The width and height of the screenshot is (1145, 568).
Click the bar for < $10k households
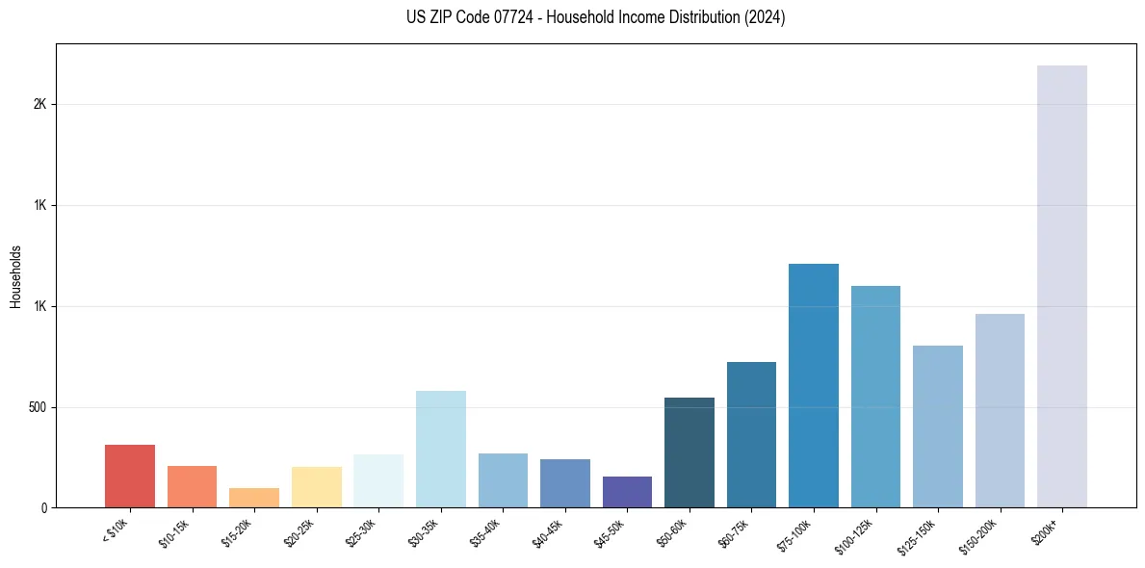pyautogui.click(x=130, y=477)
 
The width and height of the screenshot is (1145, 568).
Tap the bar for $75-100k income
pyautogui.click(x=814, y=385)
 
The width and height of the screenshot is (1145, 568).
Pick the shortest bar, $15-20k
pyautogui.click(x=254, y=498)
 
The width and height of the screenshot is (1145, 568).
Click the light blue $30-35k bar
pyautogui.click(x=441, y=450)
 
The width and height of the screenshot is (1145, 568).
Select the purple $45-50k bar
pyautogui.click(x=627, y=492)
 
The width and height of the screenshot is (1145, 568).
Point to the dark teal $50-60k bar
pyautogui.click(x=690, y=452)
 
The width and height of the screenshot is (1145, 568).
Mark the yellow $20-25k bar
pyautogui.click(x=317, y=487)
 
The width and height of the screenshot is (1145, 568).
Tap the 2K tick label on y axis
pyautogui.click(x=39, y=105)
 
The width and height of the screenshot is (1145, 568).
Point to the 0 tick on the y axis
pyautogui.click(x=43, y=508)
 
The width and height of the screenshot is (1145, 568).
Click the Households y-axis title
pyautogui.click(x=15, y=276)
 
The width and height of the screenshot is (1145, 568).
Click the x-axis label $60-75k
pyautogui.click(x=734, y=532)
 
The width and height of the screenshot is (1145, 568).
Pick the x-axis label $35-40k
pyautogui.click(x=485, y=532)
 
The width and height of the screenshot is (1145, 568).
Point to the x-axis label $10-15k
pyautogui.click(x=174, y=532)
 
